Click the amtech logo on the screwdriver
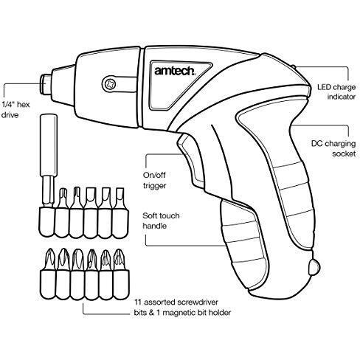click(x=175, y=71)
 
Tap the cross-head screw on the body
click(x=110, y=84)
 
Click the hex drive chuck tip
click(x=46, y=84)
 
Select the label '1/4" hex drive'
click(x=15, y=110)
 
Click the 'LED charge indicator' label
click(x=336, y=91)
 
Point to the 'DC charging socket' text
click(x=333, y=148)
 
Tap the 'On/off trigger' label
click(x=154, y=180)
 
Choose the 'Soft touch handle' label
click(x=161, y=221)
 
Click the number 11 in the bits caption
click(x=137, y=302)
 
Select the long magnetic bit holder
click(x=48, y=175)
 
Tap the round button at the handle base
click(x=314, y=267)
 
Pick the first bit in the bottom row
click(x=48, y=274)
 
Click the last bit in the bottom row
click(x=121, y=274)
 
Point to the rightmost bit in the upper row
click(x=120, y=213)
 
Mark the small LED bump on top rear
click(x=293, y=67)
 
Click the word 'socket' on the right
click(x=344, y=154)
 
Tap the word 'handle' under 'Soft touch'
click(x=154, y=226)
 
